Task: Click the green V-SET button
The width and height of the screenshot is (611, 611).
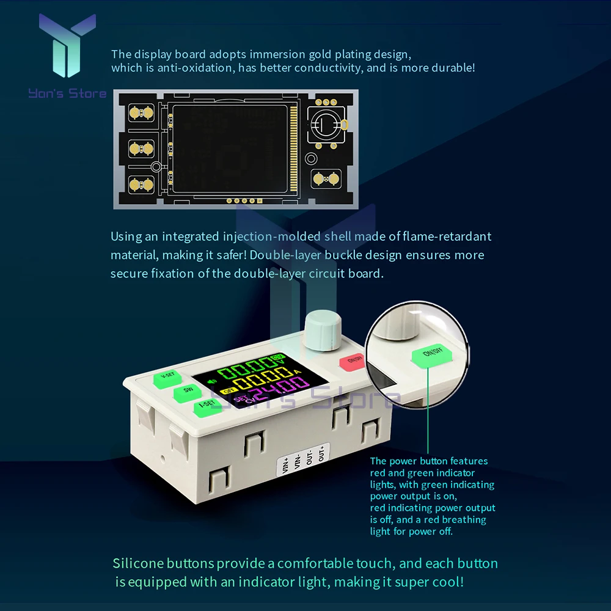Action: point(166,377)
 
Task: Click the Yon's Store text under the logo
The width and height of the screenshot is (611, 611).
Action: point(67,93)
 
